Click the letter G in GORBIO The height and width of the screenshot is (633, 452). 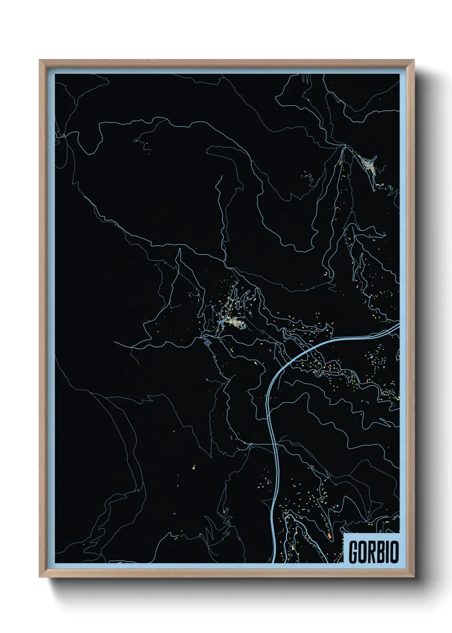[x=354, y=552]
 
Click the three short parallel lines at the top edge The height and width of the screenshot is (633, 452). [x=305, y=77]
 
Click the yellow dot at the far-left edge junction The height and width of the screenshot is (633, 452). [x=63, y=136]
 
